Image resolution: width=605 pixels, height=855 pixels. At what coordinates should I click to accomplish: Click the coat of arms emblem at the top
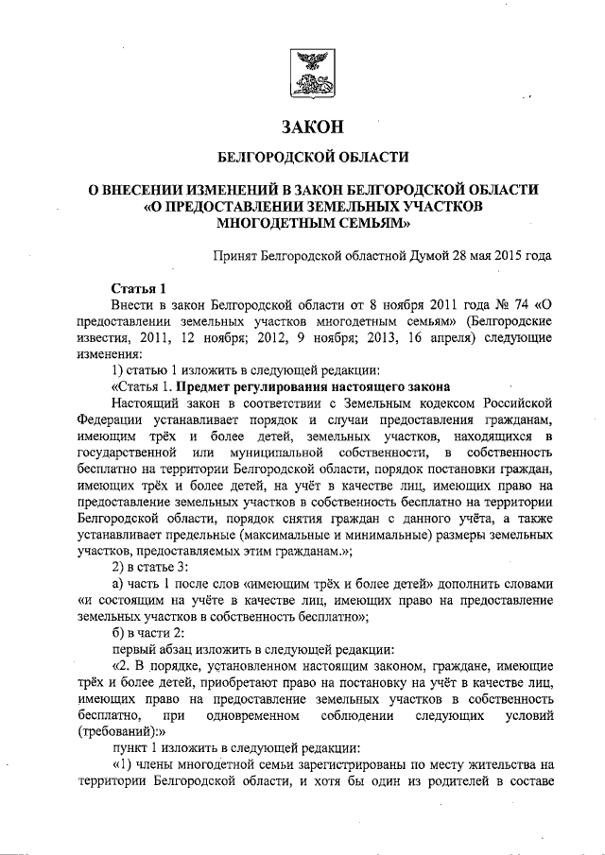point(312,76)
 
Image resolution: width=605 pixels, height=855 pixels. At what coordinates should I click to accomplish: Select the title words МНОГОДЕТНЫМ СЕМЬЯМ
point(313,225)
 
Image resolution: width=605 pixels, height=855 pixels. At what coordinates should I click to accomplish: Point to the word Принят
point(237,255)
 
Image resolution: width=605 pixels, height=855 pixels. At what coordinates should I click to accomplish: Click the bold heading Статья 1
point(139,288)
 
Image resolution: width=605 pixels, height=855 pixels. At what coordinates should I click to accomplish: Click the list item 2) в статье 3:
point(150,569)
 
